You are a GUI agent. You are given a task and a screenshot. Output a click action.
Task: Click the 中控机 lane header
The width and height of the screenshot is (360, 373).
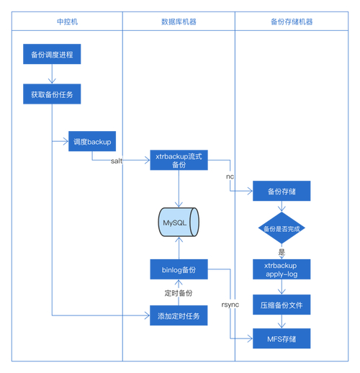pos(67,22)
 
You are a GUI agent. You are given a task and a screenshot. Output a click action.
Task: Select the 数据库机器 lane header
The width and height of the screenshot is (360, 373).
pos(179,22)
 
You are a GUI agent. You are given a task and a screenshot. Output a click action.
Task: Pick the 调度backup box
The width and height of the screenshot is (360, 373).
pos(92,142)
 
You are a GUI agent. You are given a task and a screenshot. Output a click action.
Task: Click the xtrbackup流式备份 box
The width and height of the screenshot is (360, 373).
pos(179,160)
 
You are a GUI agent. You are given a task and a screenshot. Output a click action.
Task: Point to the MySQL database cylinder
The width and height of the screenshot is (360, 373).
pos(179,223)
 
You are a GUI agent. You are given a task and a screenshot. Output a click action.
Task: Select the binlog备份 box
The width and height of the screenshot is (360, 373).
pos(179,270)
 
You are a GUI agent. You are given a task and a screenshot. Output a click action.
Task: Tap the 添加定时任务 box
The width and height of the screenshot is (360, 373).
pos(179,315)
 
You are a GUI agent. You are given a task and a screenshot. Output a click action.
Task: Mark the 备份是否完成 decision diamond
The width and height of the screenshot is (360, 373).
pos(282,228)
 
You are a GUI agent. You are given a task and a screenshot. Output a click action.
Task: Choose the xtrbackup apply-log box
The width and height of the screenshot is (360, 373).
pos(282,270)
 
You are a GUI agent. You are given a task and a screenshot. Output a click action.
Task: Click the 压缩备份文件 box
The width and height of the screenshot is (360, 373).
pos(282,305)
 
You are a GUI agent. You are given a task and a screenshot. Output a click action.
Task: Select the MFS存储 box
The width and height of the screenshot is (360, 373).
pos(282,338)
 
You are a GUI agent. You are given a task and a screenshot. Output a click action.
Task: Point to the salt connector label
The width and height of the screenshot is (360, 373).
pos(117,161)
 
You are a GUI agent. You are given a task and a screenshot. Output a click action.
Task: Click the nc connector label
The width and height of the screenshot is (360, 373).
pos(230,176)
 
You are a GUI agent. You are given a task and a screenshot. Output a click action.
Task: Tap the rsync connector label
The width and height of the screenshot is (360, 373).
pos(230,305)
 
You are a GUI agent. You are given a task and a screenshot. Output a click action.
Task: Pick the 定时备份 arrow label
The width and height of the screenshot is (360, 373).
pos(179,293)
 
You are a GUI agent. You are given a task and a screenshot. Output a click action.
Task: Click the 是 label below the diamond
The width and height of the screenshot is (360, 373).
pos(282,252)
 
